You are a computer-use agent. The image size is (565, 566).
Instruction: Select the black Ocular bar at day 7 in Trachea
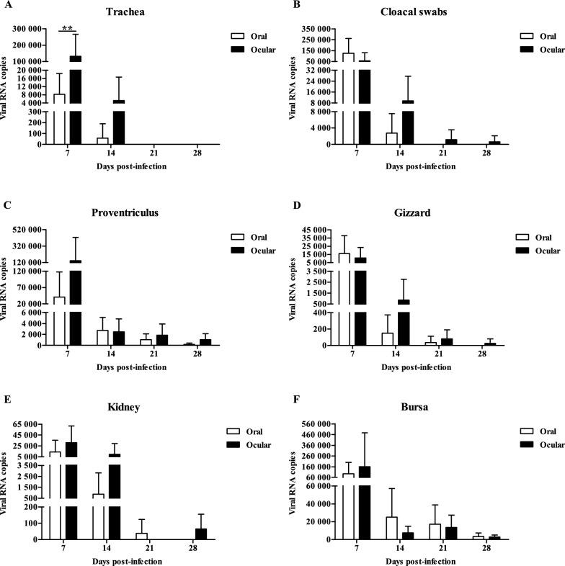[x=75, y=100]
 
